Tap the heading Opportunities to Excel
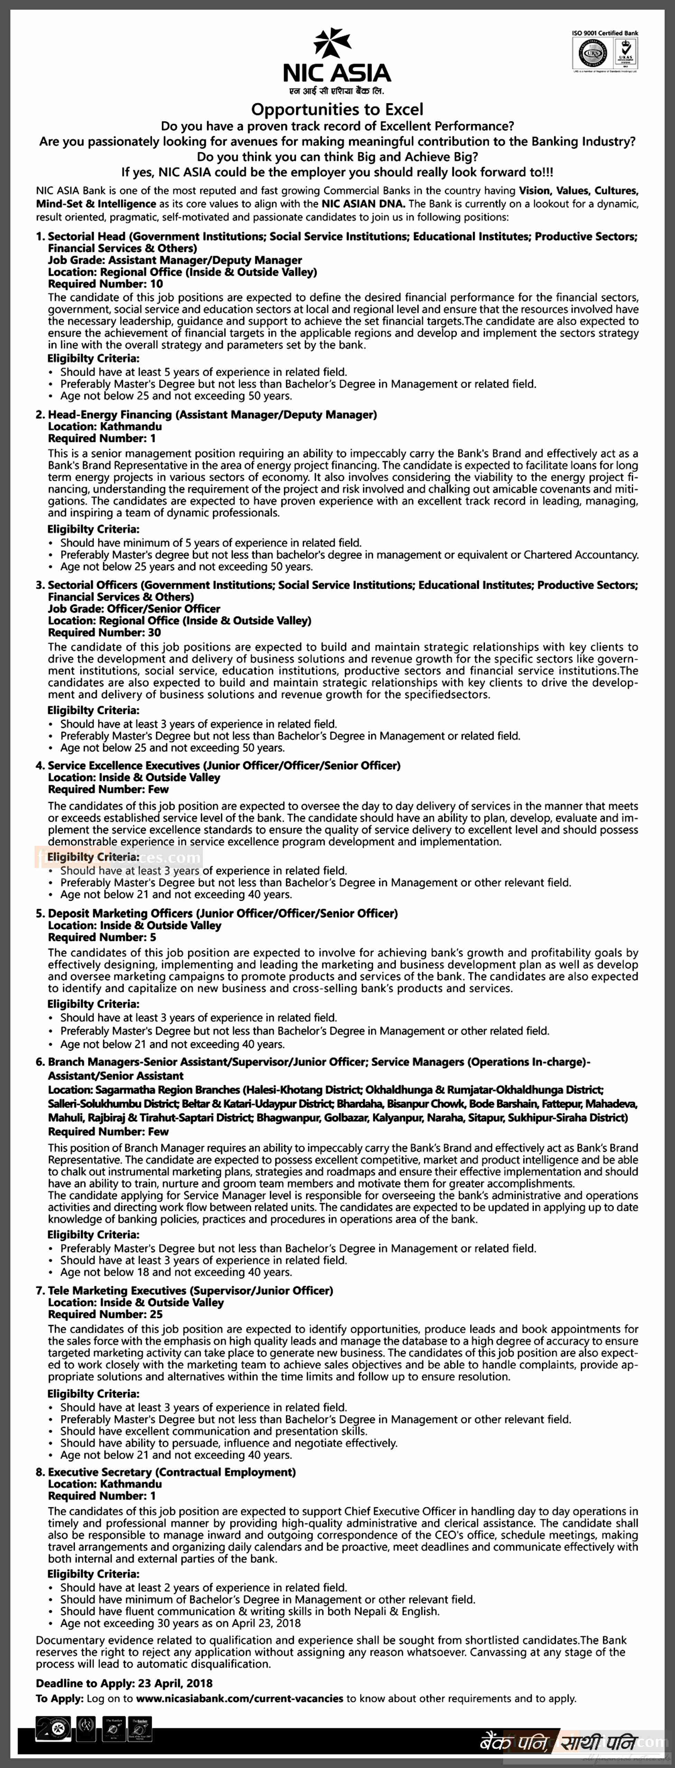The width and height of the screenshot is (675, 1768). pos(337,109)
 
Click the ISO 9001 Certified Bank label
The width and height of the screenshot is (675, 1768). pos(604,33)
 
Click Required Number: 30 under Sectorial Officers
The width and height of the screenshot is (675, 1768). pos(104,633)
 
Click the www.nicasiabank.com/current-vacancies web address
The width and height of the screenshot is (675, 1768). pos(240,1699)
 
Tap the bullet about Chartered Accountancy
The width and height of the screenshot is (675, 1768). pos(349,555)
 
